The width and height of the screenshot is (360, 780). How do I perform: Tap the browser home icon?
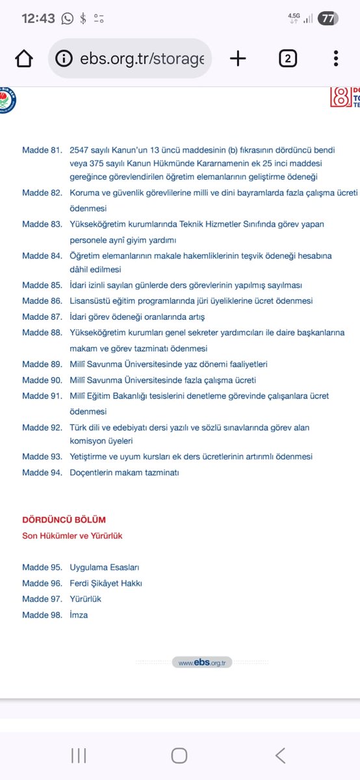point(24,59)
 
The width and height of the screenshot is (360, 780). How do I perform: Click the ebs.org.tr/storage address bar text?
point(142,59)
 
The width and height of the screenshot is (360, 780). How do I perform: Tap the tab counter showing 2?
point(288,59)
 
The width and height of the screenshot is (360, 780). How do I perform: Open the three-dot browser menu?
point(336,59)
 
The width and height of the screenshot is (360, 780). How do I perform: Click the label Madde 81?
point(42,150)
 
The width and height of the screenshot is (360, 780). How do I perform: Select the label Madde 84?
point(42,256)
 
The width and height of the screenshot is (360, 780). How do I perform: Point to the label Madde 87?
point(42,317)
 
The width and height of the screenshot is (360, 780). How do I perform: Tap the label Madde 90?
point(42,380)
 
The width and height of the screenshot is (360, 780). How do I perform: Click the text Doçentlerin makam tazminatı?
point(124,473)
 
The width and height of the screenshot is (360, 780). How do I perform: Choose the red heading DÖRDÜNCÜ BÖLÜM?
point(64,520)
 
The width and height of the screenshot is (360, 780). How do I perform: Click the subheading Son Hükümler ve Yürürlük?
point(72,536)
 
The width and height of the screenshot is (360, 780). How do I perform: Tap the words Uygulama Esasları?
point(105,567)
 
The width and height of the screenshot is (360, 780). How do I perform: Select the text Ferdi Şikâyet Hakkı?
point(106,583)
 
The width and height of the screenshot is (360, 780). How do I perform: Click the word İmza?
point(79,615)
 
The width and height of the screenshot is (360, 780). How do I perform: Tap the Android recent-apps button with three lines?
point(79,755)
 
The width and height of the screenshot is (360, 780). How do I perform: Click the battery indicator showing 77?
point(328,19)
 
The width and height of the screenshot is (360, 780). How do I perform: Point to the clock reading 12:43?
point(38,19)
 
